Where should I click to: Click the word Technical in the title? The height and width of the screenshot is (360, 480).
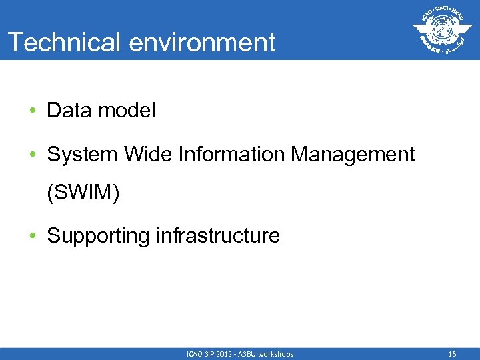[x=64, y=43]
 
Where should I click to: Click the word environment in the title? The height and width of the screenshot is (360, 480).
[x=202, y=43]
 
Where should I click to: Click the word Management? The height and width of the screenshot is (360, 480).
[x=353, y=155]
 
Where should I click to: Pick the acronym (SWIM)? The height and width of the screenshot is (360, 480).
[x=83, y=194]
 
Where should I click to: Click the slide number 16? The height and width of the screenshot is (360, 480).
[x=451, y=354]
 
